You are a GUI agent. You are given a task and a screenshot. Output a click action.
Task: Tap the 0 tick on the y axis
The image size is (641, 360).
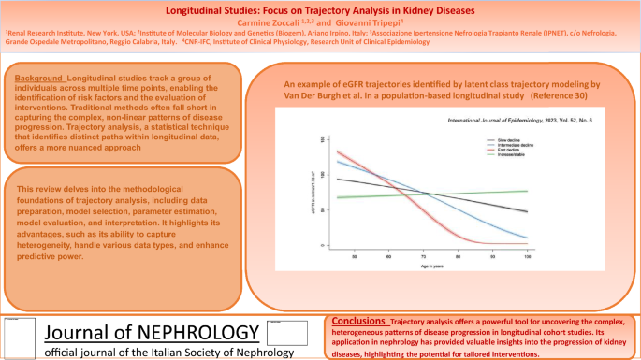click(323, 246)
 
